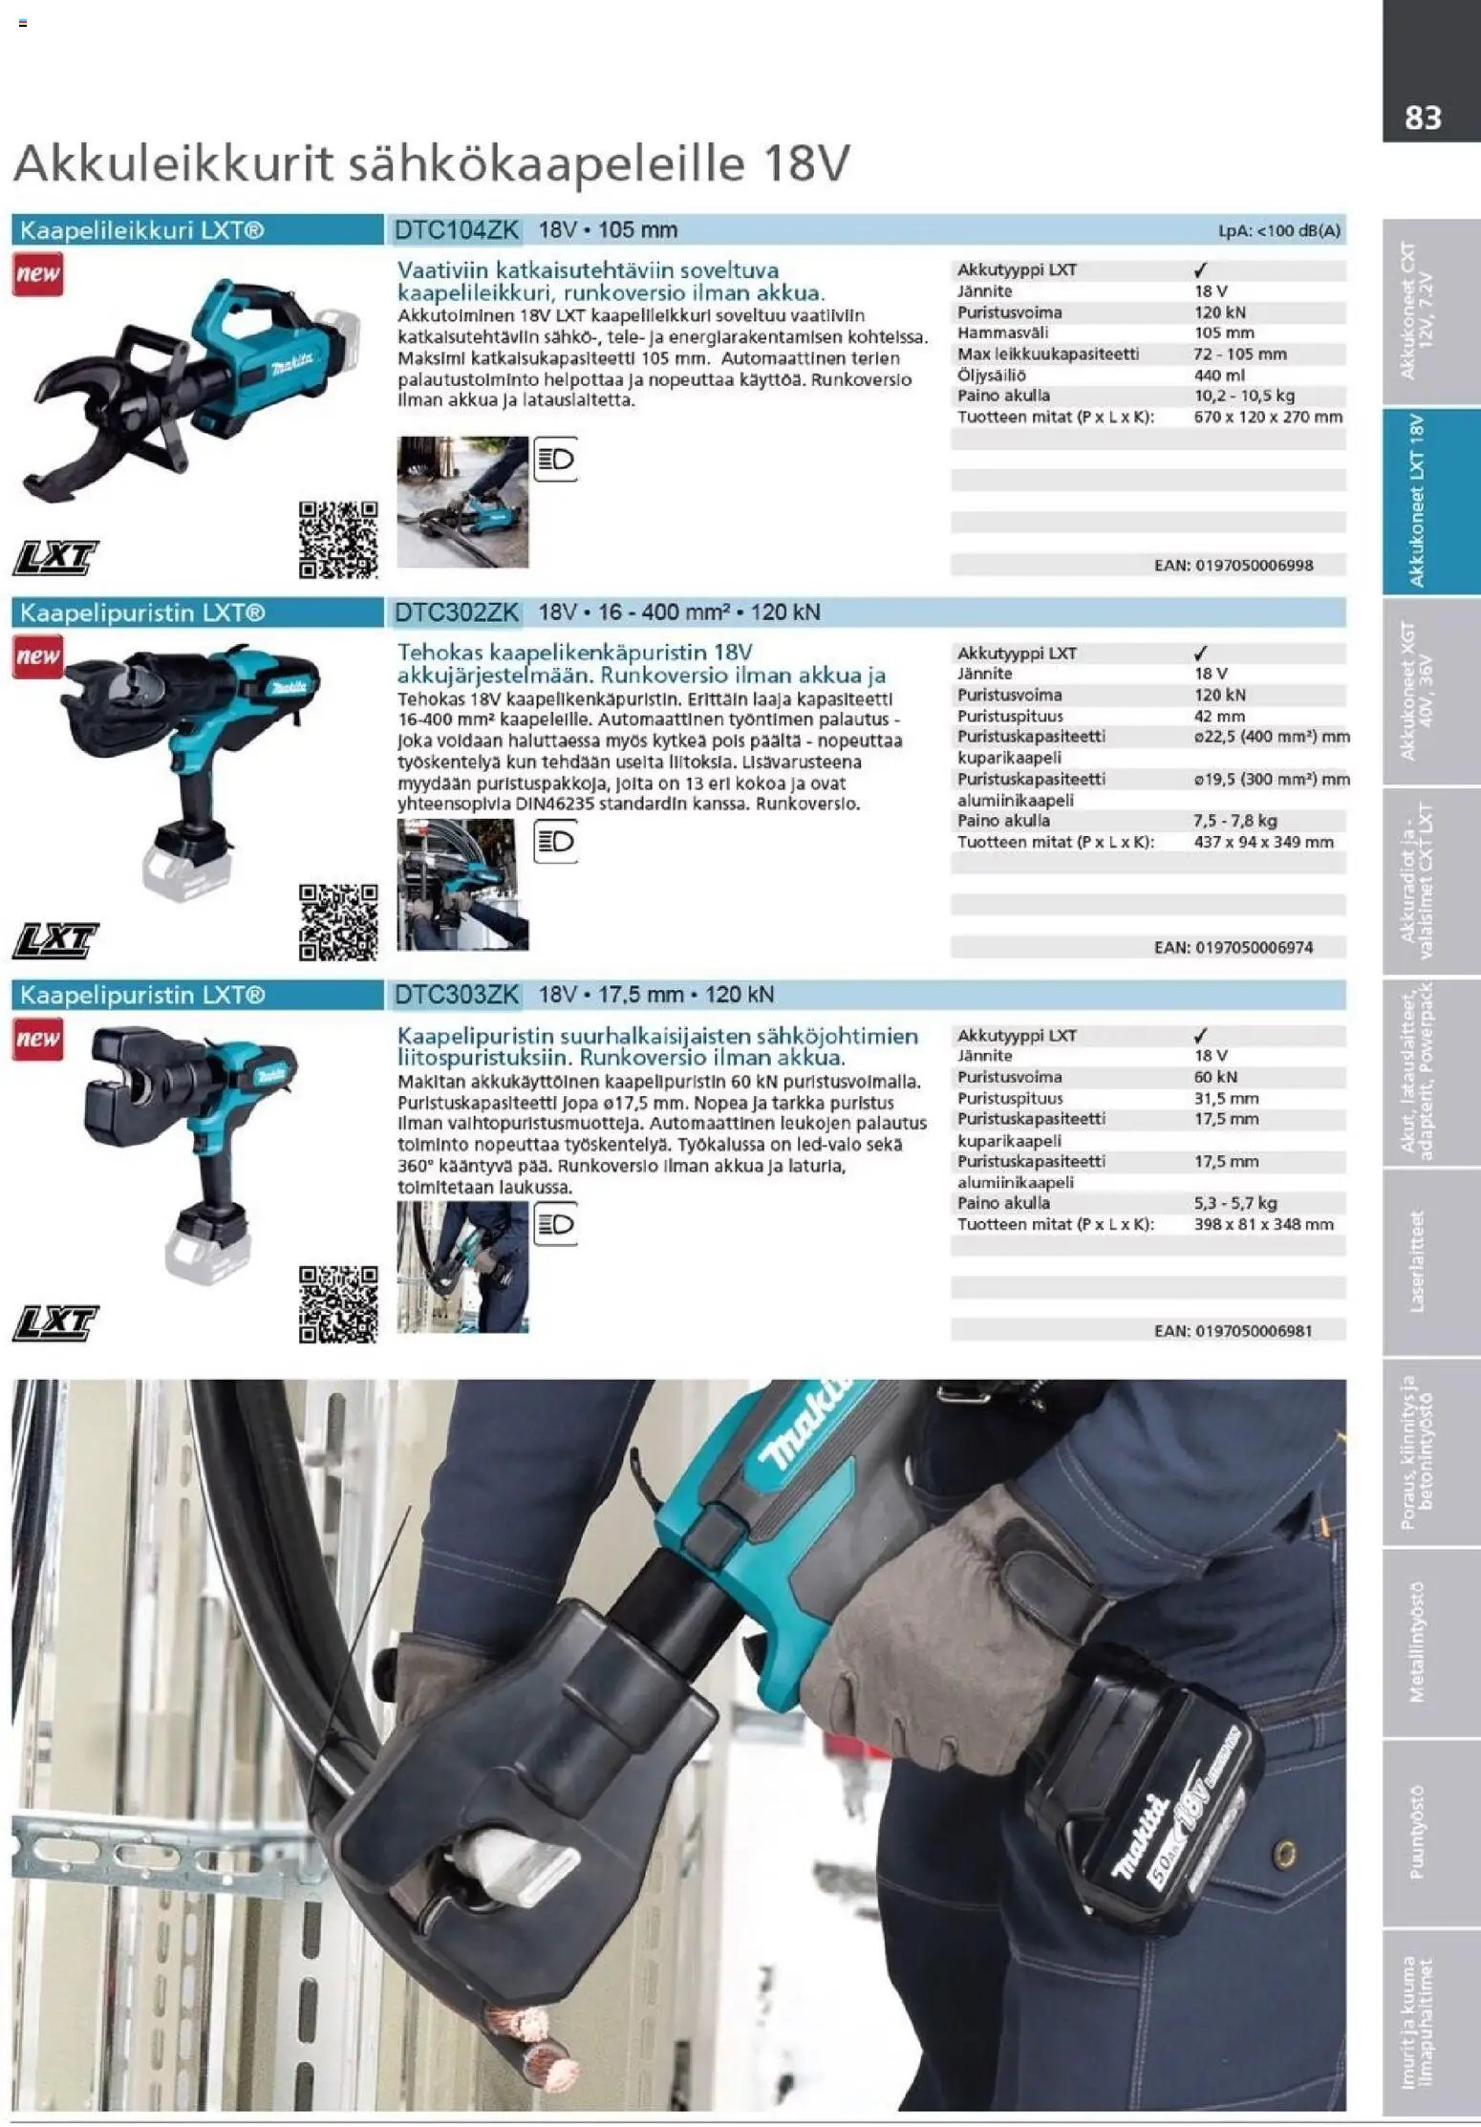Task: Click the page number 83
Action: [1423, 118]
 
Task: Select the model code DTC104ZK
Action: [457, 230]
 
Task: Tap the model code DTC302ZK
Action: [457, 612]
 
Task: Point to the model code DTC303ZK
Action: [457, 995]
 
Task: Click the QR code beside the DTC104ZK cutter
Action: [338, 540]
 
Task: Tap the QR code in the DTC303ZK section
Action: [338, 1304]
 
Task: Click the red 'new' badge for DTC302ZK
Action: [37, 656]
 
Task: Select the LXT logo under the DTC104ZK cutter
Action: [55, 559]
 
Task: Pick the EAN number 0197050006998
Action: [1255, 566]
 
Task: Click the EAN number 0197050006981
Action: [1255, 1330]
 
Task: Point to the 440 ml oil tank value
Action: [1220, 375]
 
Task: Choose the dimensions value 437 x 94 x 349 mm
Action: [1264, 842]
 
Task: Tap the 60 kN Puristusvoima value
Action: [1216, 1077]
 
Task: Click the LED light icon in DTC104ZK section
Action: [555, 460]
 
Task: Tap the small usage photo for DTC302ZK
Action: [462, 884]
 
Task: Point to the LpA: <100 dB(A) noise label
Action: [1279, 231]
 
